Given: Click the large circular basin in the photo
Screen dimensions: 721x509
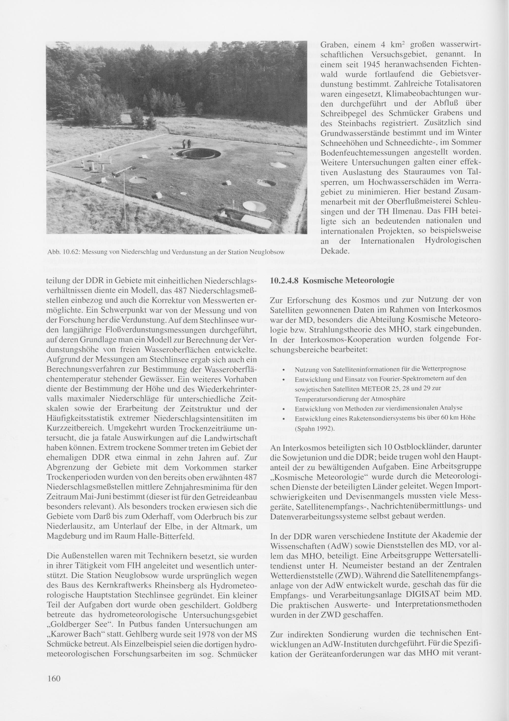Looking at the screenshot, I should tap(198, 154).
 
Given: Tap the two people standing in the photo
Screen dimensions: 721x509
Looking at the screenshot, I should tap(186, 144).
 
